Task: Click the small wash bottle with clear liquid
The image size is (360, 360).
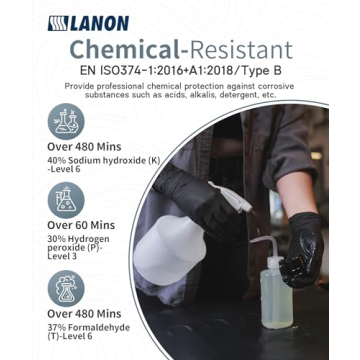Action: [x=280, y=285]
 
